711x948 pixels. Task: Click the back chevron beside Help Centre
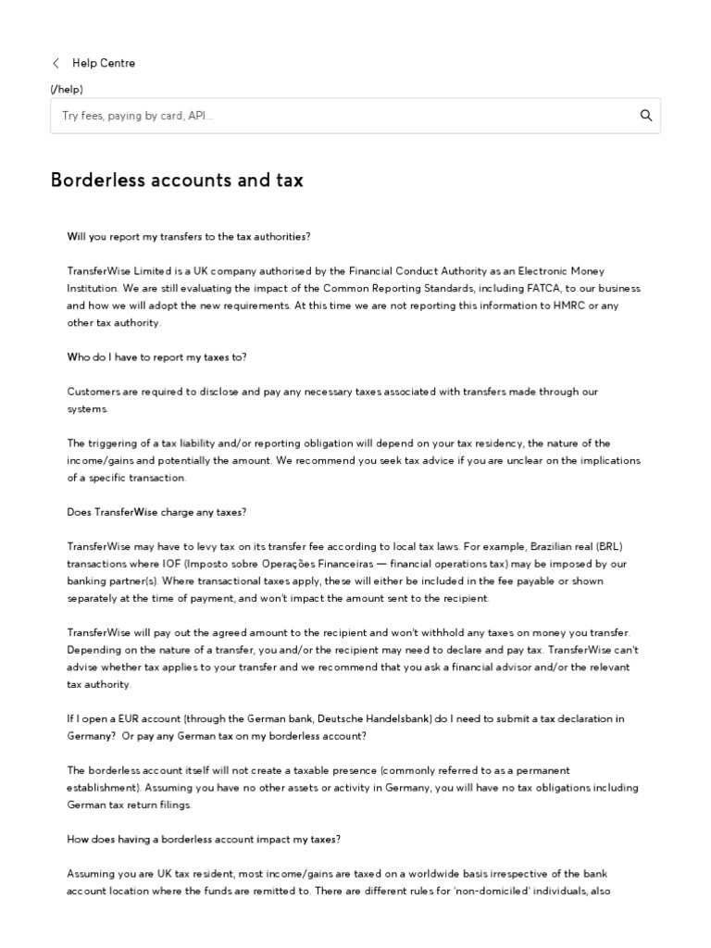pos(56,63)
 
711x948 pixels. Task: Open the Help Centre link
pos(104,63)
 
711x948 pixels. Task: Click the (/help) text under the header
pos(67,89)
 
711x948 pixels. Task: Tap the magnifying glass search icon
pos(645,116)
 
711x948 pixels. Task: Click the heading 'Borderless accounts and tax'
pos(176,181)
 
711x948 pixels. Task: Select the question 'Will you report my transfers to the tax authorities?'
pos(189,236)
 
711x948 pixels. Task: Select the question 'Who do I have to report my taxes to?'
pos(156,357)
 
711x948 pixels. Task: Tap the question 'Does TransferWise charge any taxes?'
pos(156,512)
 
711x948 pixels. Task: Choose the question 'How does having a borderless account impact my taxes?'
pos(204,840)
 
